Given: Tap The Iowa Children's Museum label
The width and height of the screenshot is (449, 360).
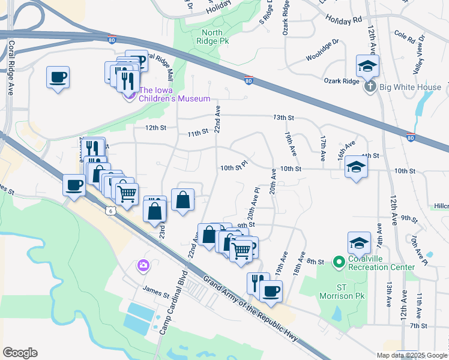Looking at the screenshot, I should pyautogui.click(x=175, y=94).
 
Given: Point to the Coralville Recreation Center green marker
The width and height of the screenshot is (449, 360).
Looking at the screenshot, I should pyautogui.click(x=339, y=262).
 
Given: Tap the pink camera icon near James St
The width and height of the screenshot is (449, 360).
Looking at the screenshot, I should pyautogui.click(x=143, y=265).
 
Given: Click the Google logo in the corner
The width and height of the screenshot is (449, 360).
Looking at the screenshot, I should pyautogui.click(x=20, y=353).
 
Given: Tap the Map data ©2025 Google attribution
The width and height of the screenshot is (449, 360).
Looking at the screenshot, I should pyautogui.click(x=412, y=355).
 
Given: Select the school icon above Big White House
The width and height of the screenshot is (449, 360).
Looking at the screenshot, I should pyautogui.click(x=367, y=65).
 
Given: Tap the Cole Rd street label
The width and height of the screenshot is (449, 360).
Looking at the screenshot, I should pyautogui.click(x=406, y=39).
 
